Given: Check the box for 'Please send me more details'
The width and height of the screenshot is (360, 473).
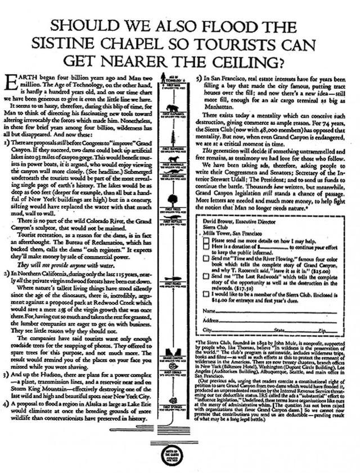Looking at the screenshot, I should point(206,240).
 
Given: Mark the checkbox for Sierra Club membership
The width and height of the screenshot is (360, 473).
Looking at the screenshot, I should point(206,293).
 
